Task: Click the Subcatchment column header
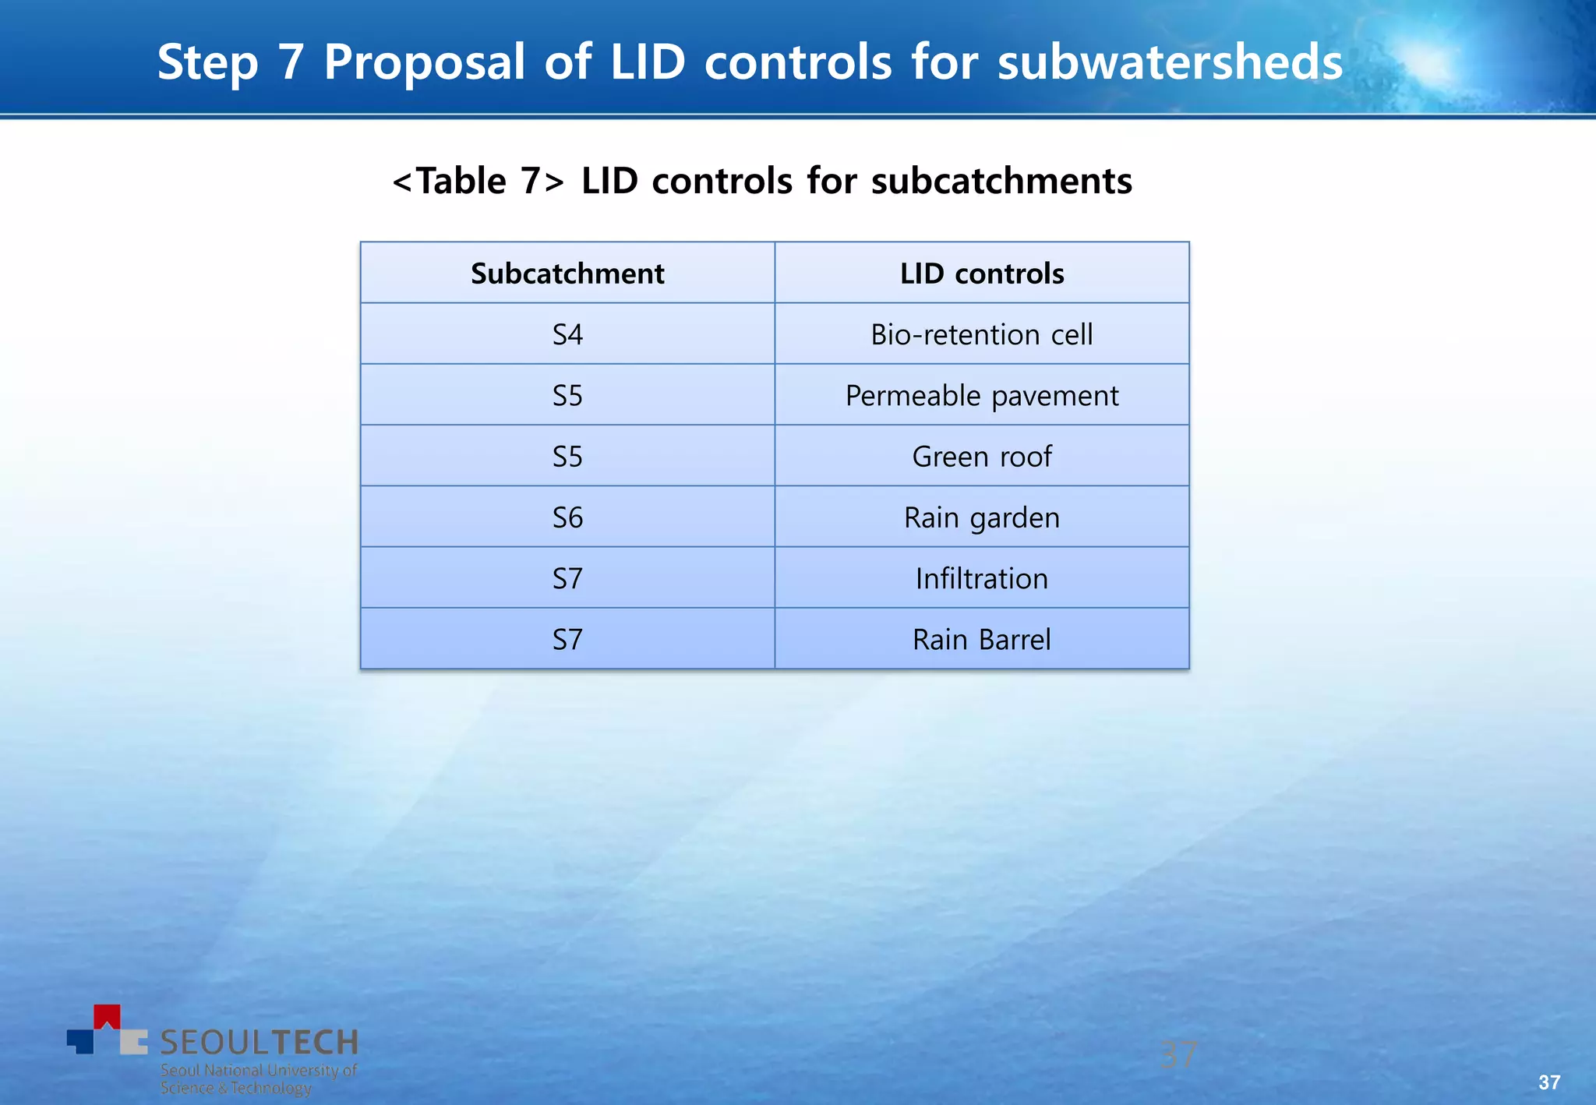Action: point(567,274)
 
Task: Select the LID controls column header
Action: point(982,274)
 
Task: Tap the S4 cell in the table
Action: point(567,334)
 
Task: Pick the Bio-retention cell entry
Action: point(982,334)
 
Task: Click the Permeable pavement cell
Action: point(982,396)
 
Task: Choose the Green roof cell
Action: point(982,457)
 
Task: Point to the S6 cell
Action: point(567,517)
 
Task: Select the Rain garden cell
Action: point(982,517)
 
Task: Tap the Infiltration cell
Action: point(982,578)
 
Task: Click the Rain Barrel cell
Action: point(982,640)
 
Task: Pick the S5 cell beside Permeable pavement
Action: point(567,396)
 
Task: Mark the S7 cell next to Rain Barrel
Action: point(567,640)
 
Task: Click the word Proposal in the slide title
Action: point(425,62)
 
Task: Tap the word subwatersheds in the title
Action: point(1170,62)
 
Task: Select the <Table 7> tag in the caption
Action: point(478,182)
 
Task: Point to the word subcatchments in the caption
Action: point(1001,182)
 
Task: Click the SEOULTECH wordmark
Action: point(259,1042)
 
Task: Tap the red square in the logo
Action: point(107,1016)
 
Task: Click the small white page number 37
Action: point(1549,1082)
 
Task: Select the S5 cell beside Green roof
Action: point(567,457)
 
